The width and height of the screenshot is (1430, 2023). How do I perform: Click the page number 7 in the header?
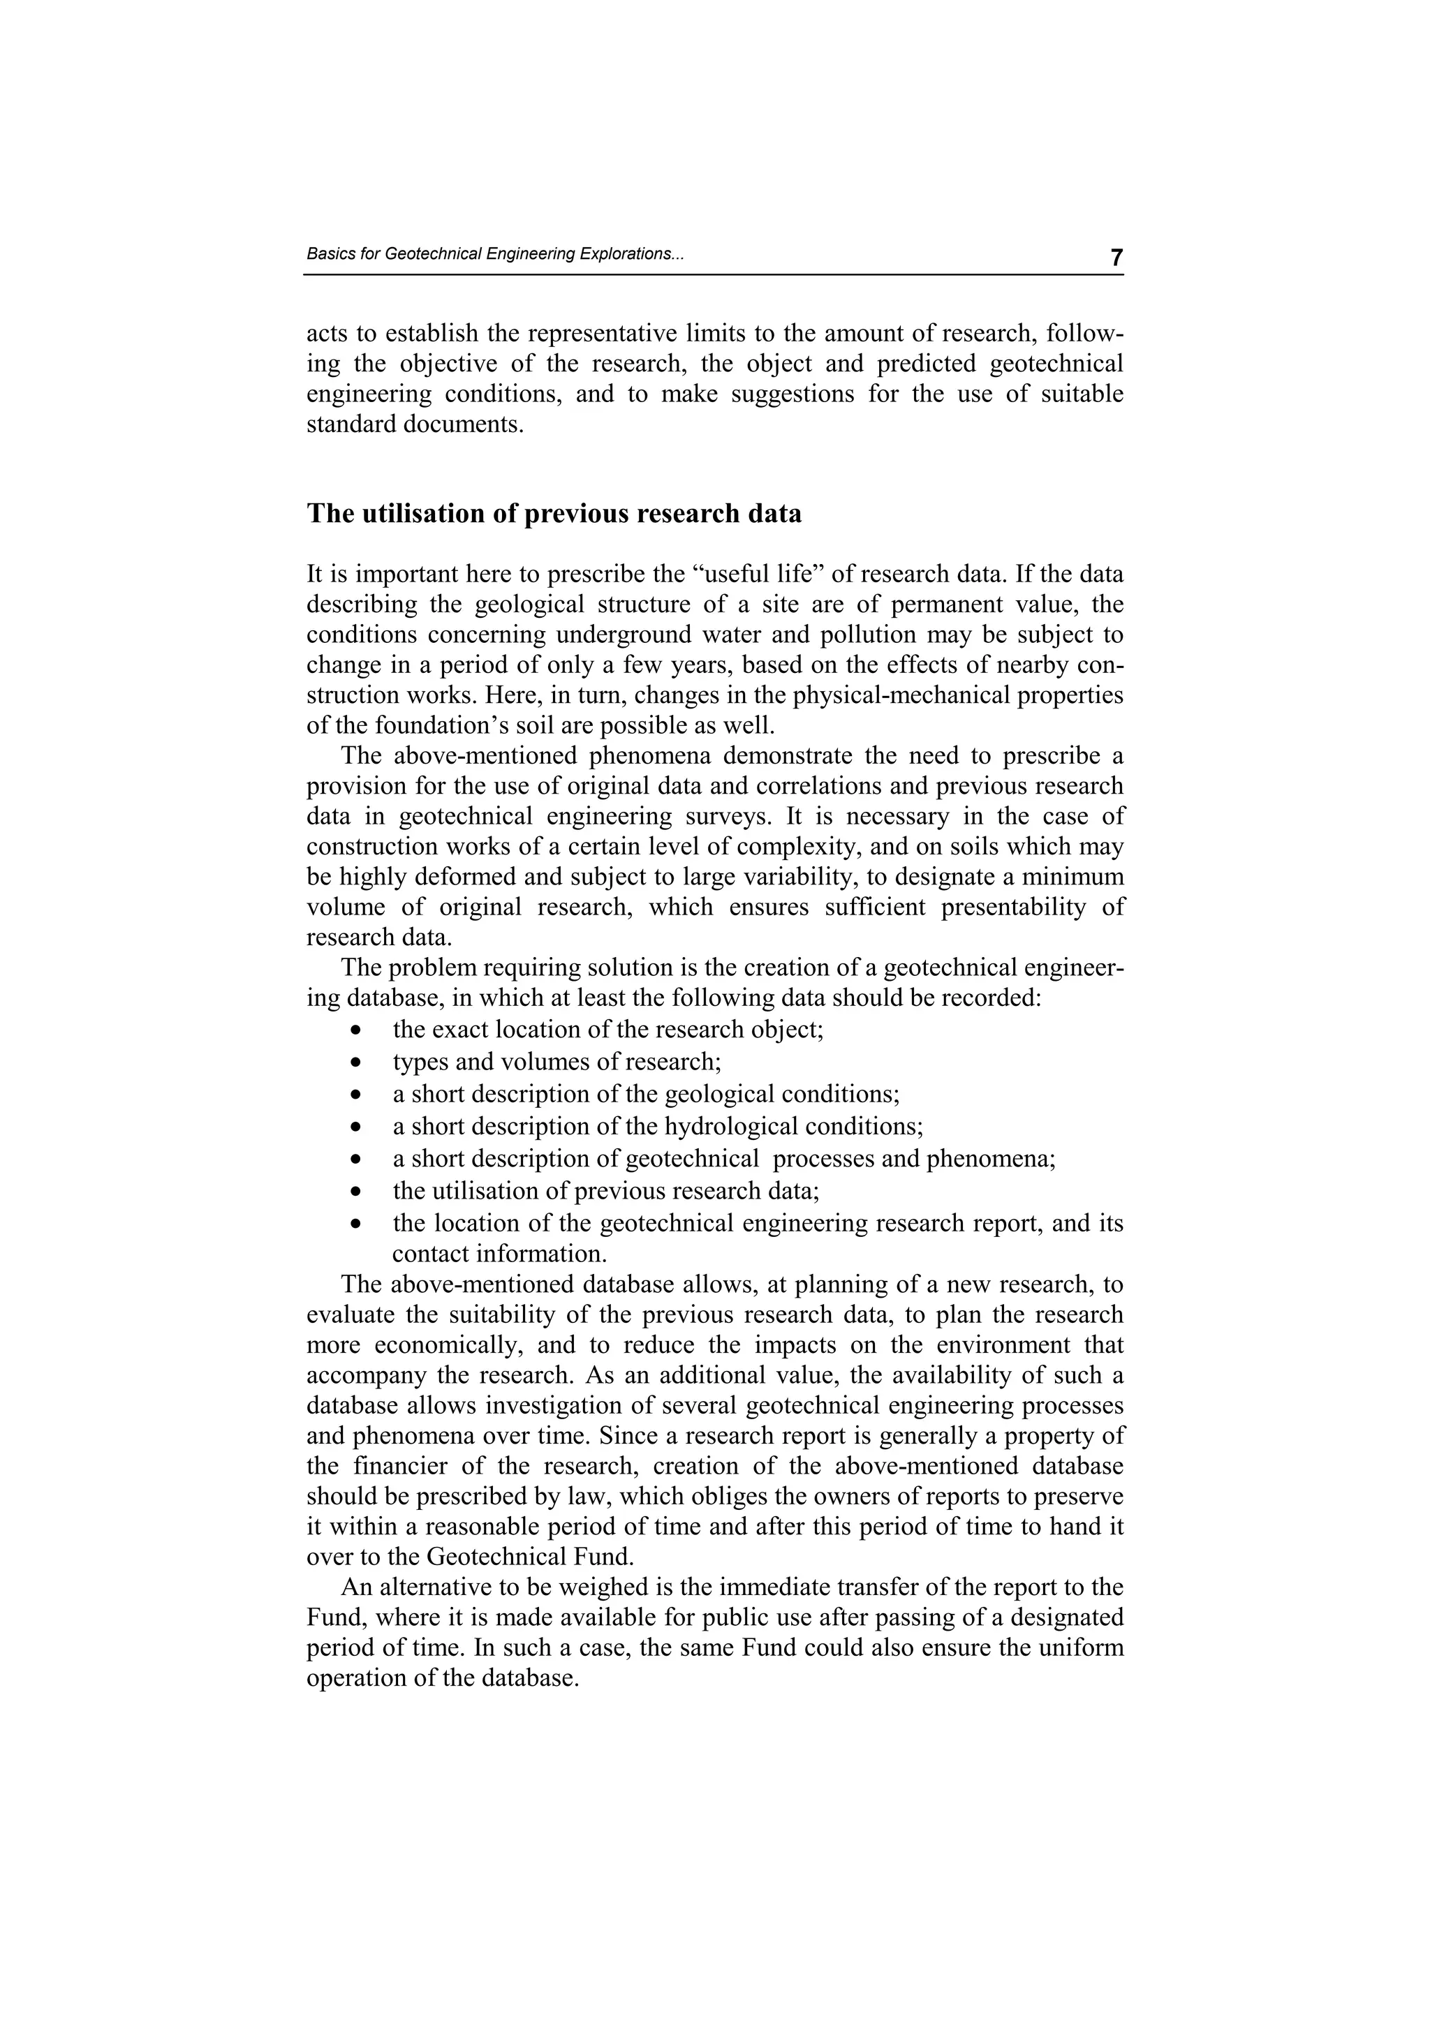1116,258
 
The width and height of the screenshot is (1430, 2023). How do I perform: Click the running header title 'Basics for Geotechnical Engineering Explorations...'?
494,254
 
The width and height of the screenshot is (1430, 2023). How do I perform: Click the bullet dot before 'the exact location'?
355,1030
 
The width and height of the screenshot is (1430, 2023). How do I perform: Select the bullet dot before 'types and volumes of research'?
355,1062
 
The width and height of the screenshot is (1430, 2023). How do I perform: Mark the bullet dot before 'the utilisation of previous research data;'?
355,1192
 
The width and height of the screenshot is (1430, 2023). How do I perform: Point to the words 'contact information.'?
499,1253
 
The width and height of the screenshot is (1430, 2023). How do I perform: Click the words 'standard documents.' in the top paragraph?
415,424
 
